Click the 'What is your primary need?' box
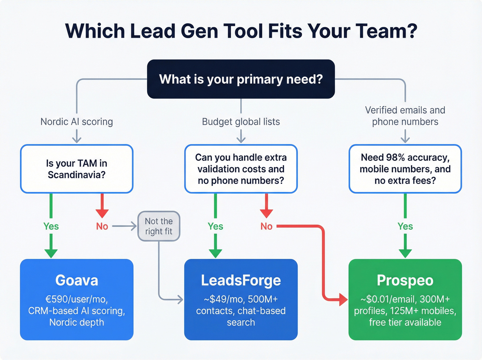[241, 79]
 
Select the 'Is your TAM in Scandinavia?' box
[76, 169]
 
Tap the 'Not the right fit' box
[159, 226]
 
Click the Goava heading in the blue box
[76, 280]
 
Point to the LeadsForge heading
[241, 280]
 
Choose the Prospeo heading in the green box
[405, 280]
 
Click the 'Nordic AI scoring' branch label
[76, 122]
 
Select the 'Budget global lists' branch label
[241, 122]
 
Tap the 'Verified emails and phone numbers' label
[405, 116]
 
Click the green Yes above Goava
[51, 226]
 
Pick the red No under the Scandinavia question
[102, 226]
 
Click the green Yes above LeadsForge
[215, 226]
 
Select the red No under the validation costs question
[266, 226]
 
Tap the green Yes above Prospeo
[405, 226]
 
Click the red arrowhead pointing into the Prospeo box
[343, 299]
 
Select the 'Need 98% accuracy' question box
[405, 169]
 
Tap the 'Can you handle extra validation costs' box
[241, 169]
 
